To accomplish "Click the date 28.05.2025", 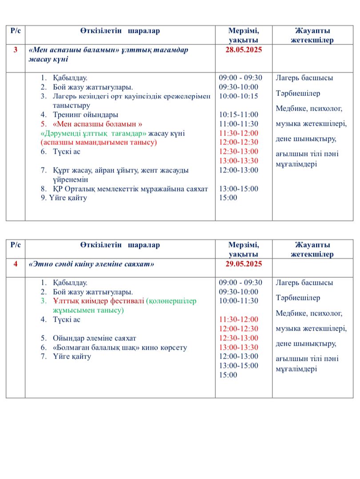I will click(x=244, y=50).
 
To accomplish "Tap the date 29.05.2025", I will click(x=244, y=264).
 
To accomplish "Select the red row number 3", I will click(x=16, y=50).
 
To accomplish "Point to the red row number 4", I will click(x=16, y=264).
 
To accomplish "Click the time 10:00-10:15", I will click(x=238, y=96).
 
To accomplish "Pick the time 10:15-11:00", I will click(x=238, y=115).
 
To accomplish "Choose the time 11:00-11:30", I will click(x=238, y=124).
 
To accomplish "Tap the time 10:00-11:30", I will click(x=238, y=301).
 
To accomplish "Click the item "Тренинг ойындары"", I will click(x=85, y=115).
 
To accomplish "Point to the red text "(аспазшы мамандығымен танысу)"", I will click(x=99, y=143).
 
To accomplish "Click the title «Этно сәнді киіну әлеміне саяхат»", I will click(x=91, y=264).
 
